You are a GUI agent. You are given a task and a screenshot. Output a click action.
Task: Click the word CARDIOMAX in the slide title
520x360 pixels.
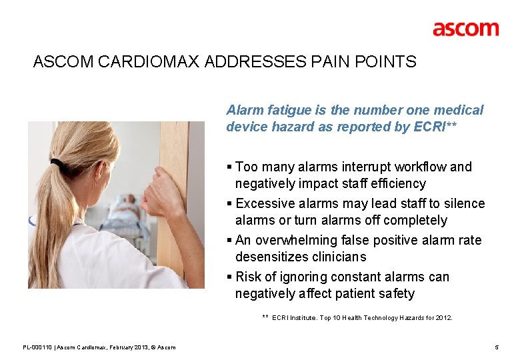click(x=150, y=62)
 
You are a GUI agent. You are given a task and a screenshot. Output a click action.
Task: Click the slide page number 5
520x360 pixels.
click(x=497, y=347)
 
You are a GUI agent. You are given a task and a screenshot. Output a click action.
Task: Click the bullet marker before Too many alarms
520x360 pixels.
click(x=229, y=167)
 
